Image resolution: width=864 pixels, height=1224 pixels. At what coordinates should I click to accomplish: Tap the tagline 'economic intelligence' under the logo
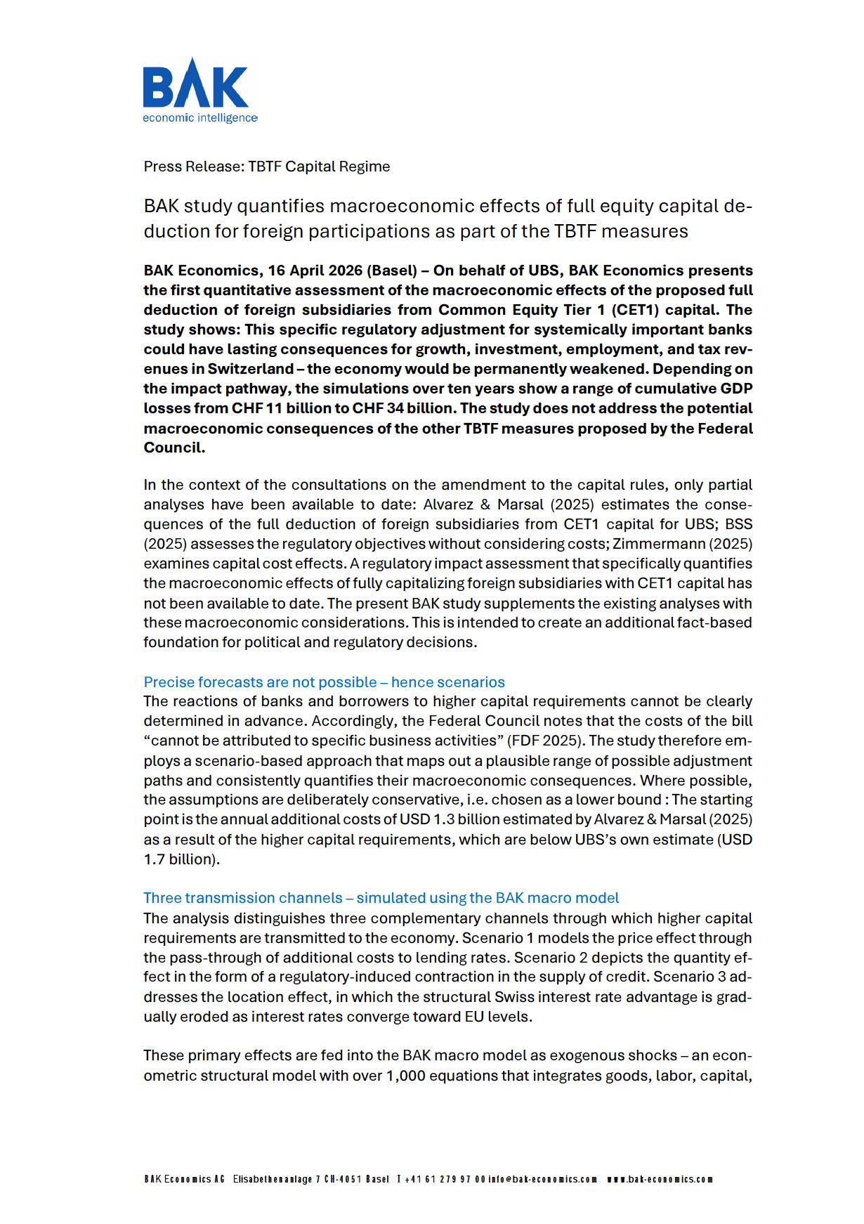pyautogui.click(x=200, y=118)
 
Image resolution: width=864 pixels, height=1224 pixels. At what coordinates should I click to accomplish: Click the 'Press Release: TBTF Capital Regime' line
pyautogui.click(x=266, y=167)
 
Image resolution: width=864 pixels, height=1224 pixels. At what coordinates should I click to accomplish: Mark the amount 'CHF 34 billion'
pyautogui.click(x=402, y=408)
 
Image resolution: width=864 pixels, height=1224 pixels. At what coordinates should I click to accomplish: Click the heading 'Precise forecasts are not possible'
pyautogui.click(x=260, y=682)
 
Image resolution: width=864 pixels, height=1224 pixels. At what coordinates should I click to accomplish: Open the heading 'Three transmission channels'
pyautogui.click(x=242, y=898)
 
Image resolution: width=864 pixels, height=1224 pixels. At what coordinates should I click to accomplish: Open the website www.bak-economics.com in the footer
pyautogui.click(x=660, y=1179)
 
